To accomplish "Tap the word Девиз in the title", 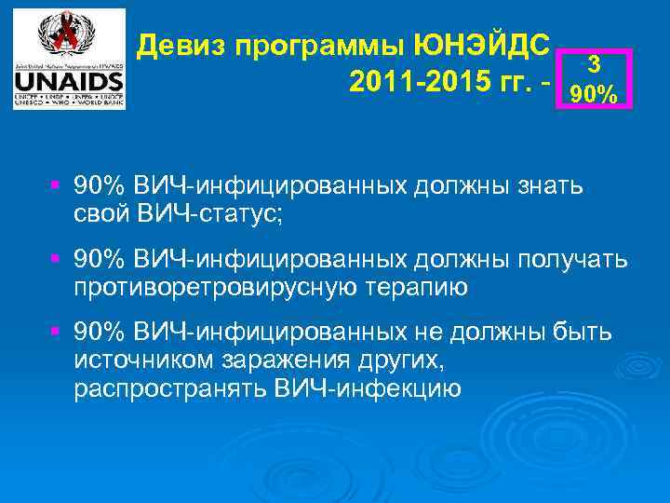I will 183,46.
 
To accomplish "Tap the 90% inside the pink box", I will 592,93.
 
